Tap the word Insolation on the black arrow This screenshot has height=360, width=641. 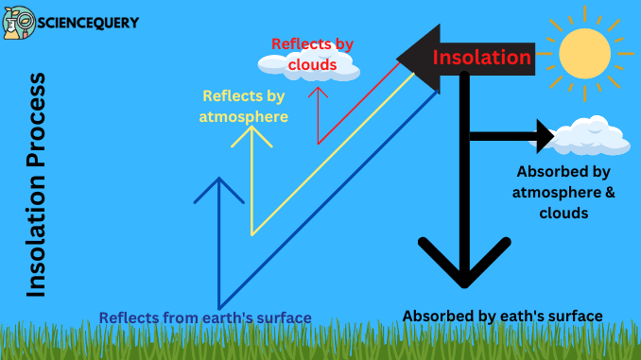(x=481, y=58)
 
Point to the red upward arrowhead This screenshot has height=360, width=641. (x=319, y=92)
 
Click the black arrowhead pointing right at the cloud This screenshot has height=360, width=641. (x=545, y=136)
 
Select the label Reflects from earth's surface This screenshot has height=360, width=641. (x=205, y=317)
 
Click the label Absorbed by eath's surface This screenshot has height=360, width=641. (x=502, y=316)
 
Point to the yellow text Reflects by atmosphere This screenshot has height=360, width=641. (x=244, y=106)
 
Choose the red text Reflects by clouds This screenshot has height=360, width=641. (x=314, y=54)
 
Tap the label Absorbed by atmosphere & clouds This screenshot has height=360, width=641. (x=563, y=193)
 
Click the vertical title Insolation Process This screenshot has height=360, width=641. (x=36, y=184)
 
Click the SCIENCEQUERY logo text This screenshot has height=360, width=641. (x=88, y=22)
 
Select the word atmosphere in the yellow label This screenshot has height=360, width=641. (x=244, y=116)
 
